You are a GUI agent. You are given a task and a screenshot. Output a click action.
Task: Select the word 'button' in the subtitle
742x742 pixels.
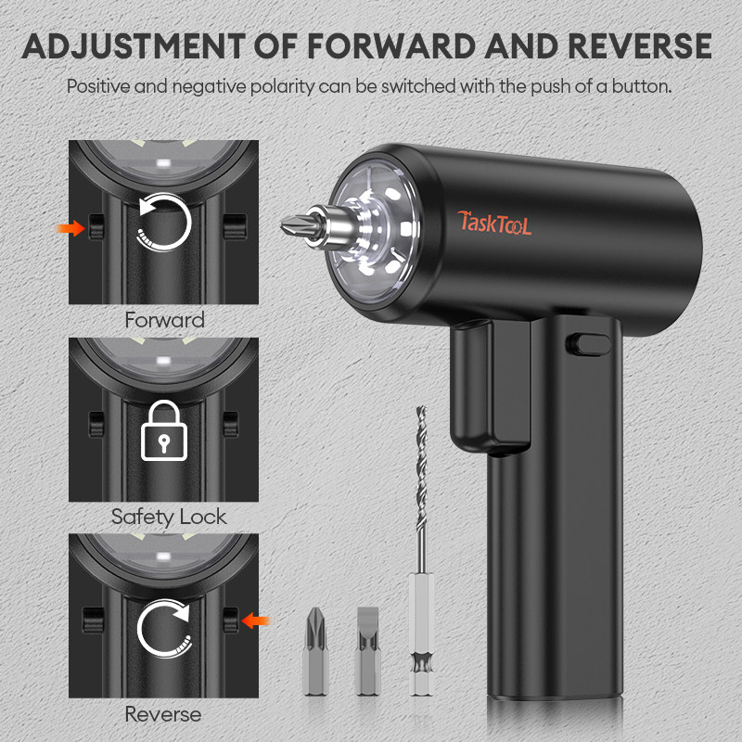tap(639, 86)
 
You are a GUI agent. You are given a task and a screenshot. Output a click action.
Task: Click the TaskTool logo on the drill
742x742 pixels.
tap(494, 223)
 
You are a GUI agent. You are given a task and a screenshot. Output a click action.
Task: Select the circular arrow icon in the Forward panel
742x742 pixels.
tap(164, 223)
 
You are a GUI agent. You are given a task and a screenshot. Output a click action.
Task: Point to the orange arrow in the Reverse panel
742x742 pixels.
tap(255, 618)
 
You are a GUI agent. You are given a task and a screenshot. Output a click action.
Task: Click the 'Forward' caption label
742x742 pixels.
tap(164, 320)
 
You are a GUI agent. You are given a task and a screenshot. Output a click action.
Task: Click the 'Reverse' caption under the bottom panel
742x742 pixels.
tap(164, 714)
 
